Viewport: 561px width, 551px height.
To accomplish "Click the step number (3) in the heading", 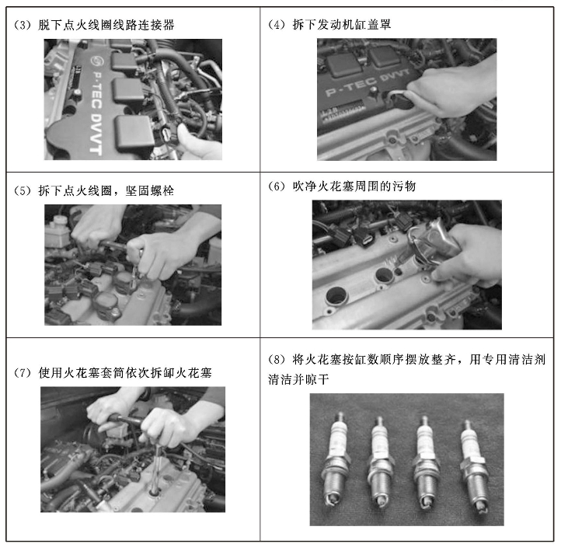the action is (23, 26).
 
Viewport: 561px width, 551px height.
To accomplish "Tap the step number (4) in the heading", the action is (276, 25).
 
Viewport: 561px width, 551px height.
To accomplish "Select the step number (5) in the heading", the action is (23, 190).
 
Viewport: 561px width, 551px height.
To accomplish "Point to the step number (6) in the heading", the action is (276, 187).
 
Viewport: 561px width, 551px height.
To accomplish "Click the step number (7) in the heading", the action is (23, 373).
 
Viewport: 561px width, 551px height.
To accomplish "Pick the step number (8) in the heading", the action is (276, 359).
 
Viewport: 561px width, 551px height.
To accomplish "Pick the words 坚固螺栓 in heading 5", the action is (149, 190).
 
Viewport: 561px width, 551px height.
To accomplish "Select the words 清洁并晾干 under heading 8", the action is (298, 379).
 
